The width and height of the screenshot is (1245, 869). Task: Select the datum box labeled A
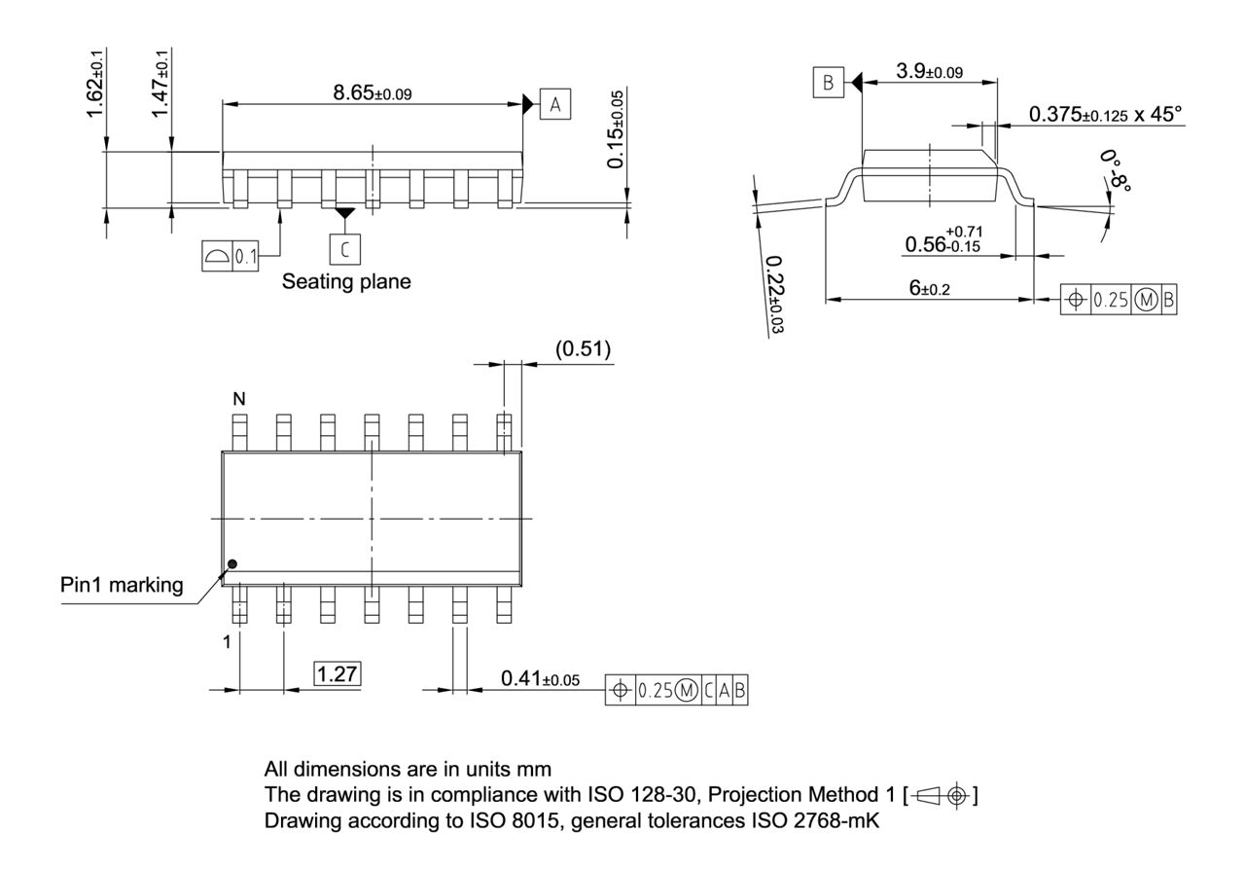(554, 104)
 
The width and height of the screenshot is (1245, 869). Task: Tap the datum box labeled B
(828, 84)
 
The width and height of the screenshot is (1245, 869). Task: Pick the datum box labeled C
(343, 249)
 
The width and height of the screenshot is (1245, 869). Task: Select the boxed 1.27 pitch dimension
(337, 674)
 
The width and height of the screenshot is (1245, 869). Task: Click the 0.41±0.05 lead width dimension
(540, 678)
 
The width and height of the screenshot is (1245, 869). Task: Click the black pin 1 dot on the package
(231, 563)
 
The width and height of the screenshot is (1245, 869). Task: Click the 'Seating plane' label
(346, 282)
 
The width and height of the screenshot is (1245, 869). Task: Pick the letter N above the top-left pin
(237, 398)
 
